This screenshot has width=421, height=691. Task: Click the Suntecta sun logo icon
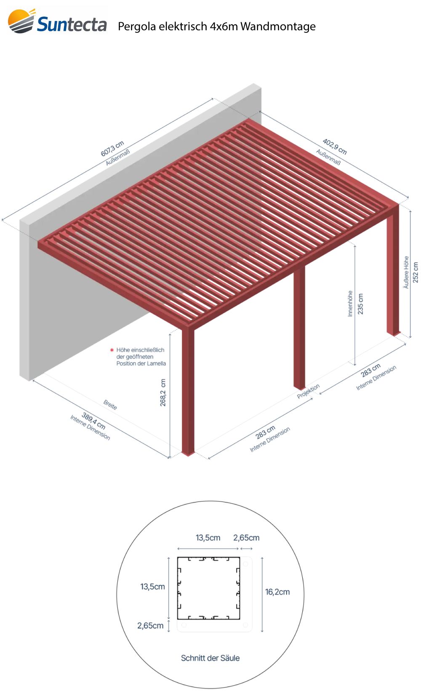point(21,21)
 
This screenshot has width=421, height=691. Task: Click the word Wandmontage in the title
point(278,27)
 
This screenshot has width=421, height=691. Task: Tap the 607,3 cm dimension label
point(112,148)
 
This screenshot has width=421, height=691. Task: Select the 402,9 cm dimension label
point(335,146)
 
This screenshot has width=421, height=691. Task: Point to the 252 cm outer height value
point(416,272)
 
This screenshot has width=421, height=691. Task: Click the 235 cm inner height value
point(360,304)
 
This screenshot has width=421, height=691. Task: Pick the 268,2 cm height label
point(163,392)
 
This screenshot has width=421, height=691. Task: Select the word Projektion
point(308,391)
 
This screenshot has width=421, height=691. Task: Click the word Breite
point(110,404)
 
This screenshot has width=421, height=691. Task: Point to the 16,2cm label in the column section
point(277,592)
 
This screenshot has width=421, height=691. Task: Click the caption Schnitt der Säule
point(210,658)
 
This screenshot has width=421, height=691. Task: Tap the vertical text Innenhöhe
point(350,304)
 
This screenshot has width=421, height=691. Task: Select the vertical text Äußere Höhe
point(406,272)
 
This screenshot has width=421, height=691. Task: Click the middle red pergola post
point(299,327)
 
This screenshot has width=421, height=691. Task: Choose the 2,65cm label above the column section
point(246,538)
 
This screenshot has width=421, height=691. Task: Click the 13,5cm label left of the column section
point(152,587)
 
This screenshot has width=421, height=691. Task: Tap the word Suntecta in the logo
point(72,24)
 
